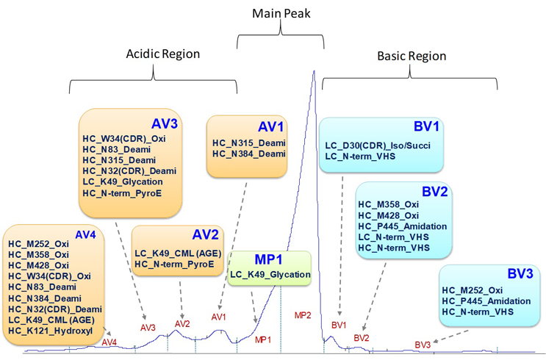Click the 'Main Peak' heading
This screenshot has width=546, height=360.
pyautogui.click(x=280, y=14)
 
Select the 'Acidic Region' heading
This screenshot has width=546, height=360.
pyautogui.click(x=163, y=54)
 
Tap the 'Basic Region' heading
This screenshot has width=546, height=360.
pyautogui.click(x=412, y=56)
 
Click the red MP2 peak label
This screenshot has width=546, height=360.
pyautogui.click(x=303, y=315)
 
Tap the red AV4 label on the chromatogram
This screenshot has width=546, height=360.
pyautogui.click(x=109, y=342)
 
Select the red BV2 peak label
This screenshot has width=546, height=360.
pyautogui.click(x=362, y=337)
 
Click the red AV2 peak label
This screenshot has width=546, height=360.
pyautogui.click(x=182, y=323)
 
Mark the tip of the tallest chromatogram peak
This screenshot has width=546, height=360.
pyautogui.click(x=314, y=71)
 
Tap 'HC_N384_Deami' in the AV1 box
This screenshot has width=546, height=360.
pyautogui.click(x=248, y=153)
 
